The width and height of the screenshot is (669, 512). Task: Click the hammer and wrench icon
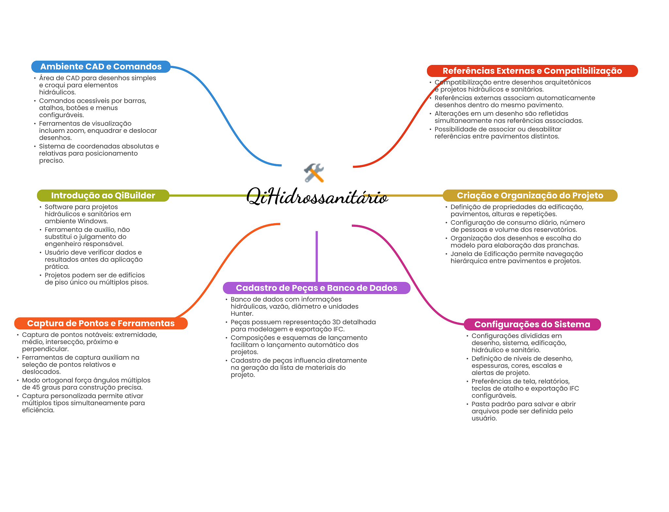pos(314,173)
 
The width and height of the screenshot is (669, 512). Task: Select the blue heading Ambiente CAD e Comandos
pos(101,67)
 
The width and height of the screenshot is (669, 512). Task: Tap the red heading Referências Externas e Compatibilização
pos(532,71)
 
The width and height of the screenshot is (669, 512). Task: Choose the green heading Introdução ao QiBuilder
pos(103,195)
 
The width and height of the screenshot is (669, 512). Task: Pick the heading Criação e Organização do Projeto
pos(530,195)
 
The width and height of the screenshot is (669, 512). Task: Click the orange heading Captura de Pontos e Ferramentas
pos(101,323)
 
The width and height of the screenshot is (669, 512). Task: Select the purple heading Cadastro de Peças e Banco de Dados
pos(316,288)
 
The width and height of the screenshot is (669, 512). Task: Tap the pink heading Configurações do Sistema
pos(532,324)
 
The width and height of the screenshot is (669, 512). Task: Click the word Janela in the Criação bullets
pos(461,254)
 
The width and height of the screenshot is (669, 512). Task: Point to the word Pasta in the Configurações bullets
pos(480,404)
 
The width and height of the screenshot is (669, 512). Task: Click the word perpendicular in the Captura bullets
pos(45,349)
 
